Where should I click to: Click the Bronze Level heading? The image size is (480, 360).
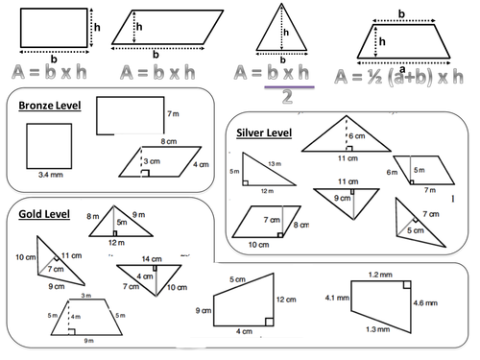click(50, 105)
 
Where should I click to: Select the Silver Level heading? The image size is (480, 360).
click(263, 132)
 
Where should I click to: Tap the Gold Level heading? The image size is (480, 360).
click(43, 213)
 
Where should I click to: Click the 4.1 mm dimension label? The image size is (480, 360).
click(335, 298)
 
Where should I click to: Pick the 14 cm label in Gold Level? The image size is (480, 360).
click(152, 259)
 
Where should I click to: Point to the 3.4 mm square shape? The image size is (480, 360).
click(47, 149)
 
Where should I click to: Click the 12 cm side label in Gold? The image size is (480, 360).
click(284, 300)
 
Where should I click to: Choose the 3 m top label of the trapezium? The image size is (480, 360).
click(86, 297)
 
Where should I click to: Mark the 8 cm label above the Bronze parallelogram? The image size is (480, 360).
click(170, 140)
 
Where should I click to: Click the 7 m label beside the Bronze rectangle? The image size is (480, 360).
click(173, 114)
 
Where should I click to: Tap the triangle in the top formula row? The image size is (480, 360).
click(279, 35)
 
